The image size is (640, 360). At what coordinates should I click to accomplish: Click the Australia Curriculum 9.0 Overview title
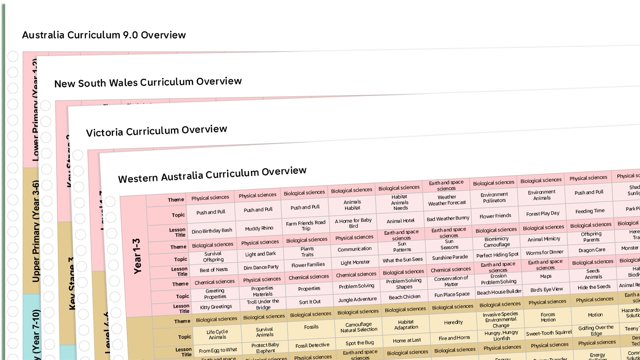coord(104,35)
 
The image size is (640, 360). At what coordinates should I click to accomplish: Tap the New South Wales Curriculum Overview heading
coord(148,82)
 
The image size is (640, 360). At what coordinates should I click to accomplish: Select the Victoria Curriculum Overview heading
coord(156,131)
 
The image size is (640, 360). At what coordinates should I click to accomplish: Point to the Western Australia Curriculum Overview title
coord(212,174)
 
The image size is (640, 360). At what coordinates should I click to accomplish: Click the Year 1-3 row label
coord(137,256)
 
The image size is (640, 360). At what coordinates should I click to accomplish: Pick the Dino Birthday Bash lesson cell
coord(212,231)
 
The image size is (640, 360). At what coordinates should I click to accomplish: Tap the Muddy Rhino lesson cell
coord(259,228)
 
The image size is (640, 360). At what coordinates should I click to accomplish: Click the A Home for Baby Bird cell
coord(353,223)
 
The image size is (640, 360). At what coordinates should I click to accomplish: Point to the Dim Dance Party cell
coord(261,267)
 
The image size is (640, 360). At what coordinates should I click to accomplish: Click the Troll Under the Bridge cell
coord(263,305)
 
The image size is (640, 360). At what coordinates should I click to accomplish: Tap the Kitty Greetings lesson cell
coord(216,307)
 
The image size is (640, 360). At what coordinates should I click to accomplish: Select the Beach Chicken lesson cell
coord(405,297)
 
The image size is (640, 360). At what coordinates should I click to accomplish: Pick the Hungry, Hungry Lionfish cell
coord(501,335)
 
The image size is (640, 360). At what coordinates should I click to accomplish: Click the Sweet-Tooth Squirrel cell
coord(549,333)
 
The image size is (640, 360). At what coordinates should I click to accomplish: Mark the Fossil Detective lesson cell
coord(313,345)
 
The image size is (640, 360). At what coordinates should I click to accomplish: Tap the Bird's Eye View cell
coord(546,290)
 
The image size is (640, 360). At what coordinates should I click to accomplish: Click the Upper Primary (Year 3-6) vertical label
coord(36,231)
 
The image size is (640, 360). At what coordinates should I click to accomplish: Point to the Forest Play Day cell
coord(543,213)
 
